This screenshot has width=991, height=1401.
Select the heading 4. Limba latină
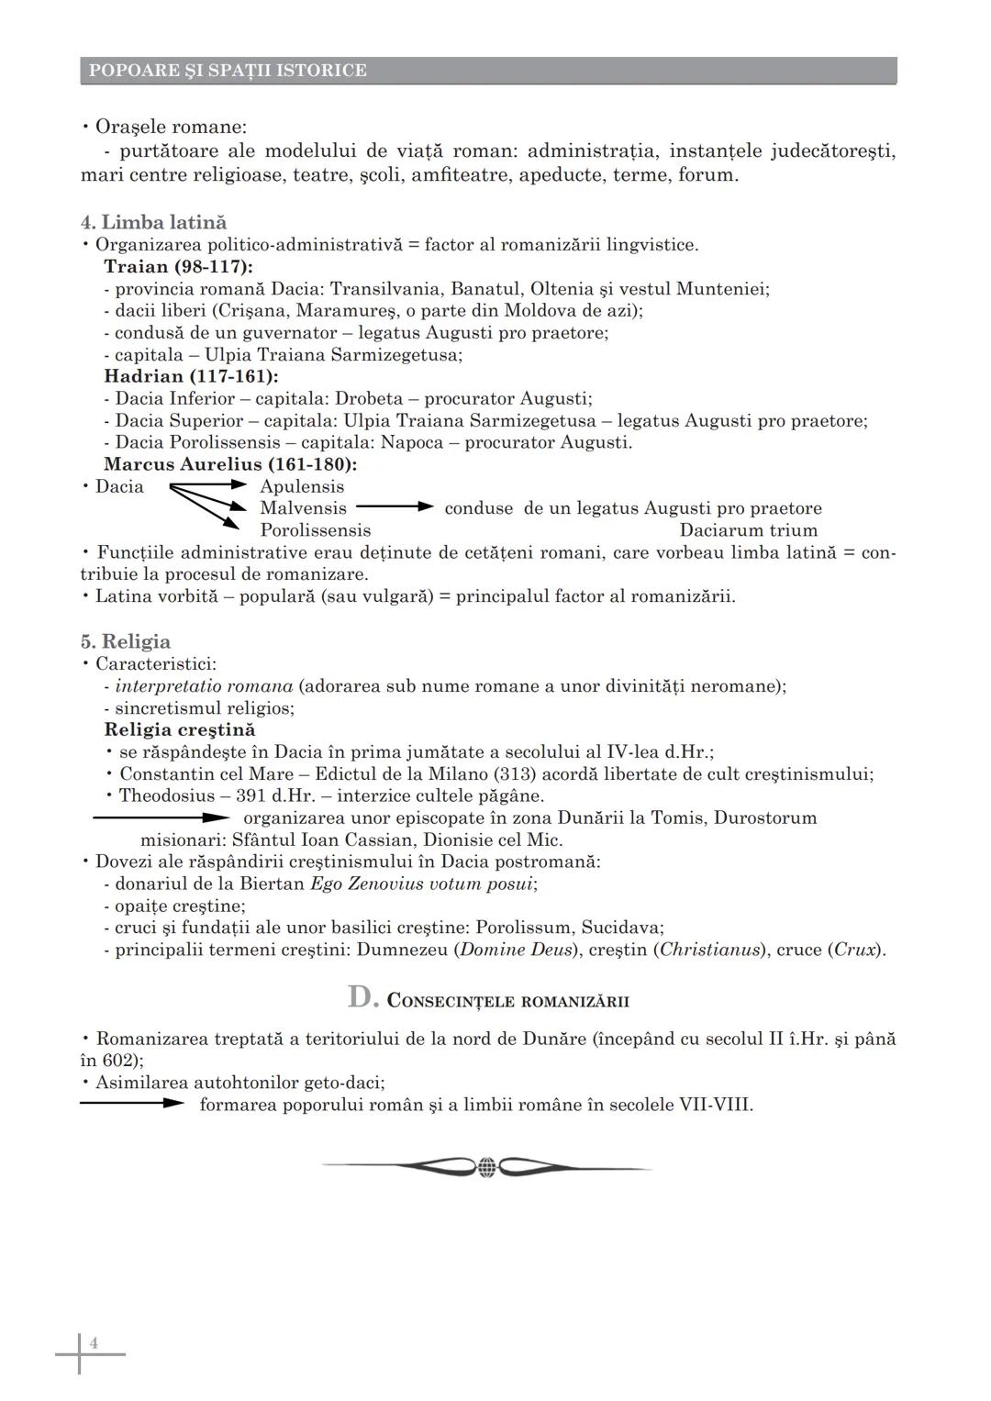coord(153,222)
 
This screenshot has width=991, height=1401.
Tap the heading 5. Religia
coord(125,641)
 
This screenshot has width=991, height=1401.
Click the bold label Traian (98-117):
coord(178,266)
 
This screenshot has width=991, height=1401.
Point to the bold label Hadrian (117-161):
coord(191,376)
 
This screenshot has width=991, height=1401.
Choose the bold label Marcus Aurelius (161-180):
coord(230,464)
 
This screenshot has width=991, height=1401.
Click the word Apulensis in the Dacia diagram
coord(302,486)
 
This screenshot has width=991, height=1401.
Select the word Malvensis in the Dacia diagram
coord(303,508)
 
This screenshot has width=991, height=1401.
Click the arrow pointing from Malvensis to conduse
coord(395,506)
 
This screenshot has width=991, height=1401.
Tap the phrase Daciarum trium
coord(748,530)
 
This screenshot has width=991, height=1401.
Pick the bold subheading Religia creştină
coord(180,729)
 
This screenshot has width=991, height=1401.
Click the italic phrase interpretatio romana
coord(204,686)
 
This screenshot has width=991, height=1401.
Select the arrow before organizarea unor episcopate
coord(161,817)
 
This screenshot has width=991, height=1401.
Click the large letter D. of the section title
coord(362,997)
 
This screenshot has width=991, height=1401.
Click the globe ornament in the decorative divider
coord(487,1167)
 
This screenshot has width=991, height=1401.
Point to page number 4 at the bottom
coord(94,1344)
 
